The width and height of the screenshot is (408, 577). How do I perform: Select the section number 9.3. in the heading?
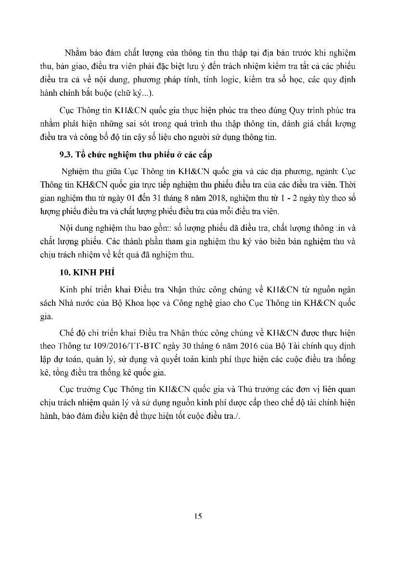[x=64, y=154]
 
